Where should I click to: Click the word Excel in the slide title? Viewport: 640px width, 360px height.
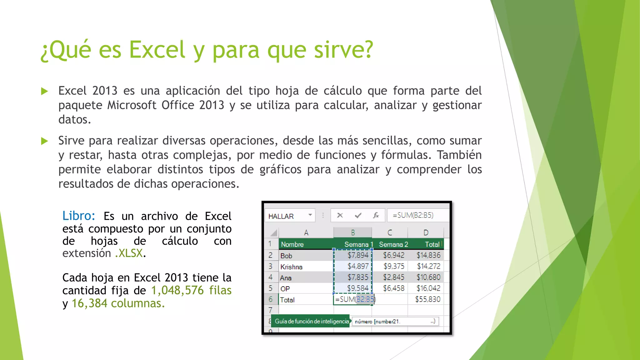click(x=157, y=50)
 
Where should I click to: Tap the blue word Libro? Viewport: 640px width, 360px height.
click(x=78, y=216)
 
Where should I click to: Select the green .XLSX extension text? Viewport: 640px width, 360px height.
click(x=129, y=253)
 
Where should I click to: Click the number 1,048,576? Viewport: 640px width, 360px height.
click(x=177, y=291)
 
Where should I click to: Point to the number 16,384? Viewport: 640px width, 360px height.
click(x=89, y=303)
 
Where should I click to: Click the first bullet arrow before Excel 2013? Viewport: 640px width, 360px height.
click(x=44, y=91)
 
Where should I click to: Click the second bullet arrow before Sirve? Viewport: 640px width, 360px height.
click(x=44, y=141)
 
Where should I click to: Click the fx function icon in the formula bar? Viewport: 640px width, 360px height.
click(x=376, y=215)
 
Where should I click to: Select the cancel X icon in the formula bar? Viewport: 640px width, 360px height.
click(x=340, y=215)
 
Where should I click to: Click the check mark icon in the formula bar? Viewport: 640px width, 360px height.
click(x=358, y=215)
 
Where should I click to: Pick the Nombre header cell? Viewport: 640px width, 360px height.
click(x=292, y=244)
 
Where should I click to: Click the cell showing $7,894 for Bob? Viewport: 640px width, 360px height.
click(x=358, y=255)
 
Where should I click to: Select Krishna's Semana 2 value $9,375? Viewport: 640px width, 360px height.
click(x=394, y=266)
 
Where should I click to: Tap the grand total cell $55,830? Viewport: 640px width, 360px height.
click(x=427, y=299)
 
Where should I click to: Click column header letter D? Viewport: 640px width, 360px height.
click(x=426, y=233)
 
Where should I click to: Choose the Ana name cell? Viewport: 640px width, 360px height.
click(x=286, y=278)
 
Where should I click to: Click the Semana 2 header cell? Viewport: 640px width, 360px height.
click(x=393, y=244)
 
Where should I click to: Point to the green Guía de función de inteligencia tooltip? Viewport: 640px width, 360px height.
click(x=311, y=321)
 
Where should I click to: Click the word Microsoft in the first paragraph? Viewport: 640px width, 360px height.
click(x=132, y=105)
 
